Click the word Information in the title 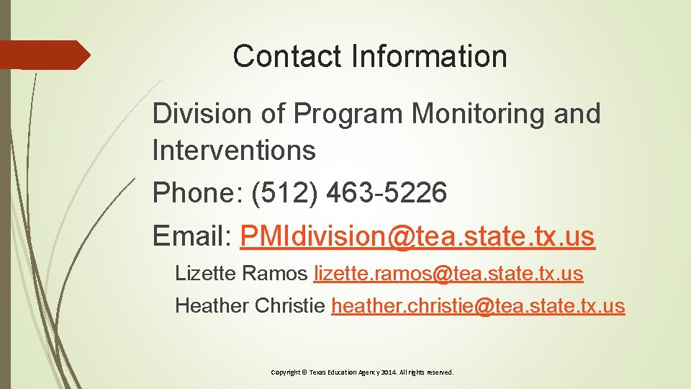pos(430,56)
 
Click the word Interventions pos(234,151)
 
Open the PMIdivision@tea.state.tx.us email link pos(417,236)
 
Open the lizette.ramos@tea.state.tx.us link pos(448,274)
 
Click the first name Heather pos(212,305)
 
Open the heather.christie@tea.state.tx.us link pos(478,305)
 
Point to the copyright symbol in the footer pos(304,372)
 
